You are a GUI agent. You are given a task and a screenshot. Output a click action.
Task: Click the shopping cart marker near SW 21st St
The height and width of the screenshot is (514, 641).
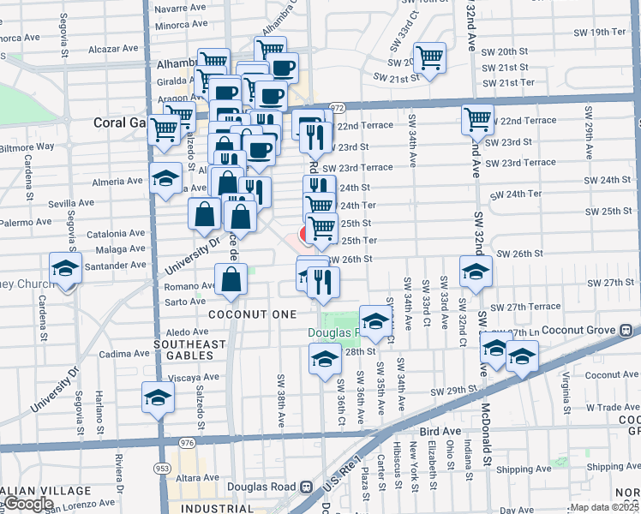click(x=429, y=58)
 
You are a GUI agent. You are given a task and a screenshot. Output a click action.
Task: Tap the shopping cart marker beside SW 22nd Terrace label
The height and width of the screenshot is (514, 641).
click(x=477, y=120)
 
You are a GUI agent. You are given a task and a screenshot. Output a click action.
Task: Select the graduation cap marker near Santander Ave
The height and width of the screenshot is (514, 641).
click(x=65, y=268)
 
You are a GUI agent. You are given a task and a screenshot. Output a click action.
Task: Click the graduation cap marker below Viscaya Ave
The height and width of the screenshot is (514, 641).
click(x=158, y=397)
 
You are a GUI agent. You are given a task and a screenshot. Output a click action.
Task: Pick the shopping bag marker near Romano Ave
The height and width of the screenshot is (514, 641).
click(x=231, y=278)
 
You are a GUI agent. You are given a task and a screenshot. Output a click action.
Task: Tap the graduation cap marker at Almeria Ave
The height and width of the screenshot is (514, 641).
click(x=165, y=179)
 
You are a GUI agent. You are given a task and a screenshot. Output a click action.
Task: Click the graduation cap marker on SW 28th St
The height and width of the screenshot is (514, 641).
click(x=325, y=360)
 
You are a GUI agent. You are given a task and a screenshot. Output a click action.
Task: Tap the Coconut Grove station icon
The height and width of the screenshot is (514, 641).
click(x=626, y=329)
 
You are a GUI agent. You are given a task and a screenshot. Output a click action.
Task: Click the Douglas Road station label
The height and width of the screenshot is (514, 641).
click(x=261, y=487)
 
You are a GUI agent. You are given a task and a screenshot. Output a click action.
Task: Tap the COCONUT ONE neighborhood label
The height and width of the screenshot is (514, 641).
click(x=240, y=314)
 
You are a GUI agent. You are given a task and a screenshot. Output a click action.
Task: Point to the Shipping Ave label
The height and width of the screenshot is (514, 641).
click(x=524, y=469)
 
